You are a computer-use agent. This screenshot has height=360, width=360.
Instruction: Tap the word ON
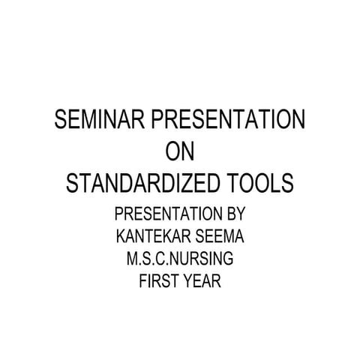179,152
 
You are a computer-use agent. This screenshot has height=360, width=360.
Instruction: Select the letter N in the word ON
188,152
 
